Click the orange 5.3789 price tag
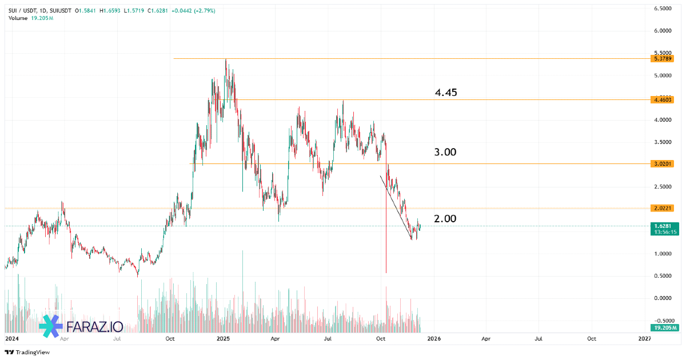(x=663, y=58)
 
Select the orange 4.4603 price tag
(x=663, y=100)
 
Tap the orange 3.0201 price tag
(x=663, y=164)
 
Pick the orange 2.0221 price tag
(x=663, y=208)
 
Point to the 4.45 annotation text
(x=446, y=93)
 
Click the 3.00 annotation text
(x=445, y=152)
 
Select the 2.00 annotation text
(x=445, y=219)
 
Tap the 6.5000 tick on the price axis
(x=663, y=9)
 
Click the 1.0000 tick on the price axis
(x=663, y=254)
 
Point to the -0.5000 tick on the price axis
(x=663, y=320)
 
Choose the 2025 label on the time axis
(x=223, y=339)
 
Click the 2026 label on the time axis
(x=433, y=339)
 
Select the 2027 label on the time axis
(x=644, y=339)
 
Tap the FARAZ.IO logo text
(x=94, y=326)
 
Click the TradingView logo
(x=27, y=352)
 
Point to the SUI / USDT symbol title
(x=22, y=11)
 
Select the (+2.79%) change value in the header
(x=205, y=11)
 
